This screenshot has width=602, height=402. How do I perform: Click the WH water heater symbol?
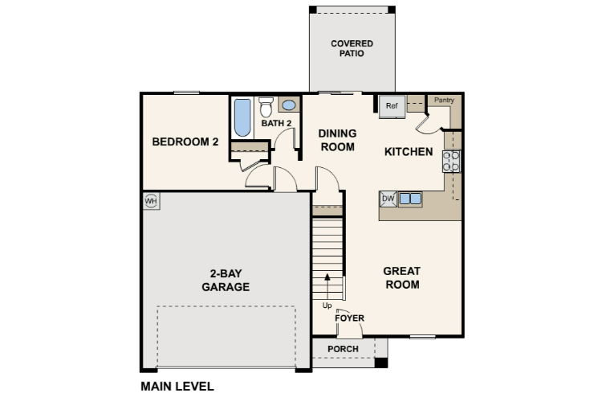[x=150, y=200]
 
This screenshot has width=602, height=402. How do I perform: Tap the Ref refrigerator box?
[x=392, y=106]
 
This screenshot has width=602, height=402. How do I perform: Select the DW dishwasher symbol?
[x=388, y=199]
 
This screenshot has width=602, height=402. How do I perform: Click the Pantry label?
[x=444, y=100]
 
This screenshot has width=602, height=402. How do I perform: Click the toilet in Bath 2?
[x=266, y=109]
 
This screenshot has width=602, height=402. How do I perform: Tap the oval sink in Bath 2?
[x=289, y=105]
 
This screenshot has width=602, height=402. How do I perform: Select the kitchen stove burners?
[x=452, y=162]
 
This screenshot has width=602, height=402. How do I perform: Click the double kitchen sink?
[x=410, y=199]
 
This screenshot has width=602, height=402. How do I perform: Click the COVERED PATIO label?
[x=352, y=48]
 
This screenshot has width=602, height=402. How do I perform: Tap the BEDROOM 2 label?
[x=185, y=142]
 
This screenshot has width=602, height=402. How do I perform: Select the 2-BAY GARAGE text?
[x=225, y=280]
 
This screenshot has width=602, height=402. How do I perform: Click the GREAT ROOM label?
[x=402, y=277]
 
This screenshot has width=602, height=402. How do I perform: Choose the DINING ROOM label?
[x=337, y=140]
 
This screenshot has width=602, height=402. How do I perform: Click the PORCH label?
[x=343, y=349]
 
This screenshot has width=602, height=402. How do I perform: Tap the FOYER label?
[x=350, y=318]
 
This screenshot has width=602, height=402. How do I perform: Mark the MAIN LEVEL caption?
[x=177, y=386]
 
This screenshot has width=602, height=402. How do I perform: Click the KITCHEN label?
[x=409, y=152]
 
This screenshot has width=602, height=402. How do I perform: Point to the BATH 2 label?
[x=276, y=123]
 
